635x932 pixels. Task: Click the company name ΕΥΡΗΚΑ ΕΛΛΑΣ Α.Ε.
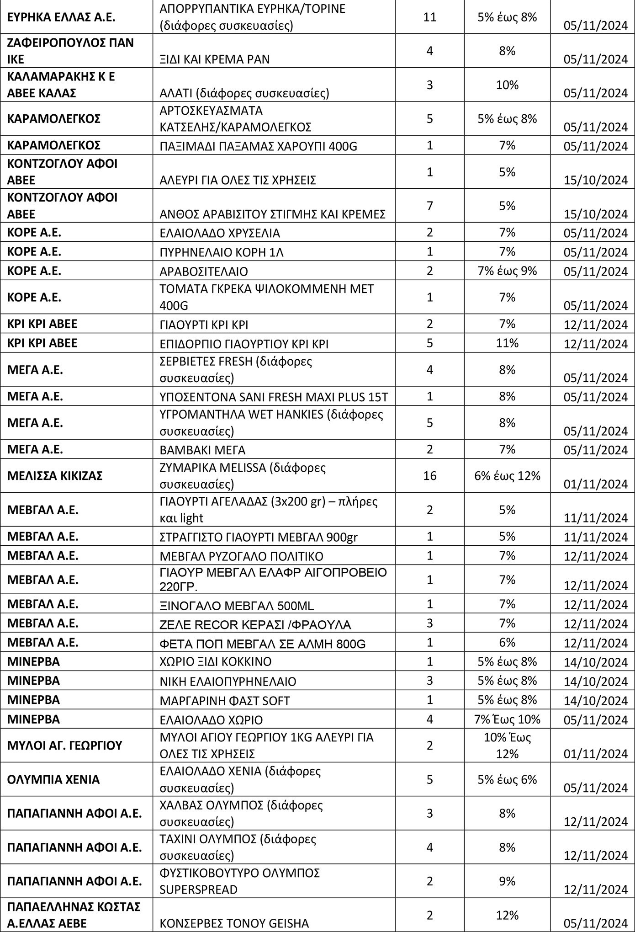point(61,18)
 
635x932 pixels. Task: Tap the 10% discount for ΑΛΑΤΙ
point(507,85)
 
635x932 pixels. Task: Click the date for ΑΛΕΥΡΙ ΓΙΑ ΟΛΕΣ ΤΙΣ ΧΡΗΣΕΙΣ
point(596,180)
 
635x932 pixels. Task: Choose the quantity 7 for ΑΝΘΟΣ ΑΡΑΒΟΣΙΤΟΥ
point(429,206)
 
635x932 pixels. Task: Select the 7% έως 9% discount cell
point(507,271)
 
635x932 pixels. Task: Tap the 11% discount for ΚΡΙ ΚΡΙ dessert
point(507,343)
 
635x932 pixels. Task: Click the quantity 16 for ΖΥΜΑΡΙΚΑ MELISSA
point(429,475)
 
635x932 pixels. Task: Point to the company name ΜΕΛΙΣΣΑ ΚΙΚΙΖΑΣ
point(55,475)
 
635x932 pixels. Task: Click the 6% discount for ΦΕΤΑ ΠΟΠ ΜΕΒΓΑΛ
point(507,642)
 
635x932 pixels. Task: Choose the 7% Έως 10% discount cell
point(507,719)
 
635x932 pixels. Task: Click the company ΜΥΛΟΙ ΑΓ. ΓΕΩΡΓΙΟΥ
point(65,745)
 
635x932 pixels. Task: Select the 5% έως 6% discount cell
point(507,779)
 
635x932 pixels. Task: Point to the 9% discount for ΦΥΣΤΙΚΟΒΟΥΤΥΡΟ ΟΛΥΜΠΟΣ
point(507,881)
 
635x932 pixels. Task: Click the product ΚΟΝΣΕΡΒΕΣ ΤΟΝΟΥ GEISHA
point(234,923)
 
